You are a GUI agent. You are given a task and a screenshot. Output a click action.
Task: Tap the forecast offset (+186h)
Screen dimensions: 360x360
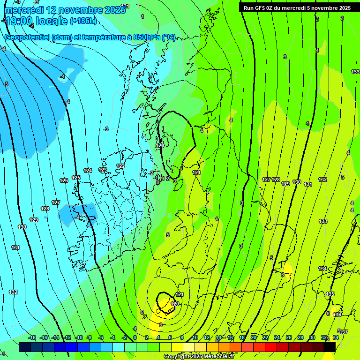[83, 21]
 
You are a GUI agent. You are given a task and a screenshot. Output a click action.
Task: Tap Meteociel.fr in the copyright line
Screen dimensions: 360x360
[215, 357]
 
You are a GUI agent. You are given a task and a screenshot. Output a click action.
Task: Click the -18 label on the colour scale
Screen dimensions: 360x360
[32, 337]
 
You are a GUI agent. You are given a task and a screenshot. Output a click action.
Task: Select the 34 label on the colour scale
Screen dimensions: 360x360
[336, 337]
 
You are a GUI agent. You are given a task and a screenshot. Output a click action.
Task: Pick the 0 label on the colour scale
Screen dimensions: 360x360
[135, 337]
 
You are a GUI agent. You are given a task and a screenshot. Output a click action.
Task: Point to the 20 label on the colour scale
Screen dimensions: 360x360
[254, 337]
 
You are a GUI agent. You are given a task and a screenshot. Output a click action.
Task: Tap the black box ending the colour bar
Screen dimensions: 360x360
[330, 347]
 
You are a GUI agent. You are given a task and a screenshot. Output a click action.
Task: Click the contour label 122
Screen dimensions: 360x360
[120, 166]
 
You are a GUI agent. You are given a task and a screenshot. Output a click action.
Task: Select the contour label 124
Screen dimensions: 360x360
[88, 171]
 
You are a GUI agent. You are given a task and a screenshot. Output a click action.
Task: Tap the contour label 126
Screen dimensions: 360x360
[64, 180]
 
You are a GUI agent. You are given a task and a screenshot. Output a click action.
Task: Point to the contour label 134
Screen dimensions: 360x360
[322, 269]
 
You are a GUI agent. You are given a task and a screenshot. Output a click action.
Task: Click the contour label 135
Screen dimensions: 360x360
[330, 294]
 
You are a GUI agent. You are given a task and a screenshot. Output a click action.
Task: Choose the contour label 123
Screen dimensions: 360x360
[103, 170]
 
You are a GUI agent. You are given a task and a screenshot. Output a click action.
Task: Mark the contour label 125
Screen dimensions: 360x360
[76, 178]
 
